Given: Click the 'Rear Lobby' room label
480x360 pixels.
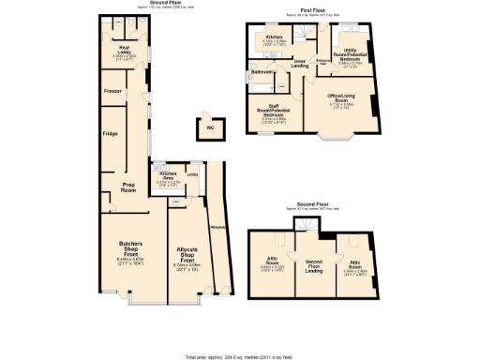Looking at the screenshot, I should pyautogui.click(x=123, y=47).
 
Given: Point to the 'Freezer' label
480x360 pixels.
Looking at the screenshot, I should pyautogui.click(x=112, y=91).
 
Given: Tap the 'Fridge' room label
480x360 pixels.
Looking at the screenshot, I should pyautogui.click(x=109, y=134).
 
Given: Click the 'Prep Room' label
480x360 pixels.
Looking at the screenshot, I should pyautogui.click(x=129, y=187).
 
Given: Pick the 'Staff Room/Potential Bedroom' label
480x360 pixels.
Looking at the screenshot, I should pyautogui.click(x=272, y=112).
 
